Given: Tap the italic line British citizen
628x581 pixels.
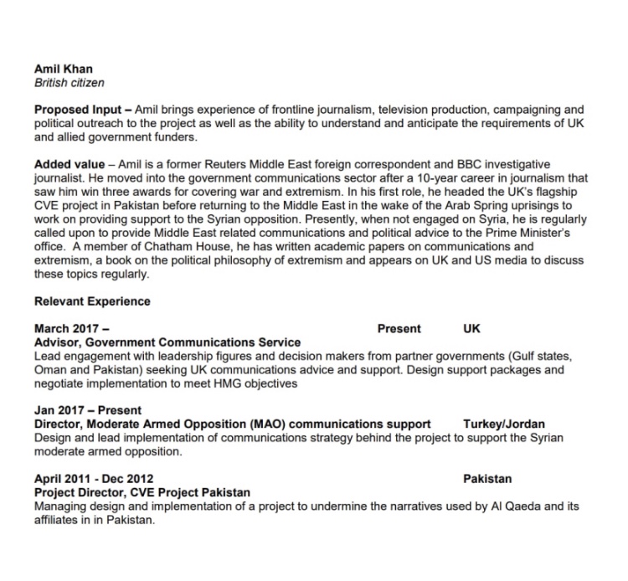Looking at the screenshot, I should [69, 84].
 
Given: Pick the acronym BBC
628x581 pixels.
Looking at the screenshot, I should [465, 165].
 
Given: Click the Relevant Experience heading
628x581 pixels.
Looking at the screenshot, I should [92, 301].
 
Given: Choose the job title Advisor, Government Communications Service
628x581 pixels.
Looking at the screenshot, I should [167, 342].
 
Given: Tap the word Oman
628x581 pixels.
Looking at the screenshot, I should [49, 370].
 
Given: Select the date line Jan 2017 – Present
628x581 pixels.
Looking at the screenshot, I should [88, 411].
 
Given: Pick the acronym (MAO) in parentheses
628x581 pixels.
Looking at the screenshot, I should [270, 424].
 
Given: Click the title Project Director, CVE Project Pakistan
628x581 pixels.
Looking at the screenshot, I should [142, 493].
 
